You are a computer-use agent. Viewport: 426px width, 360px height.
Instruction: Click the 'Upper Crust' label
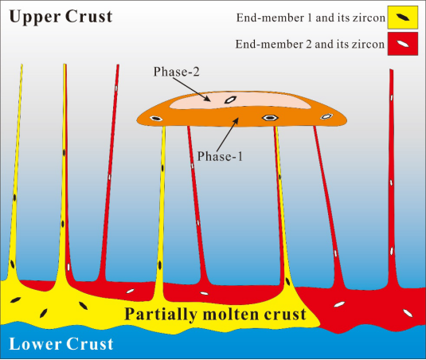[61, 17]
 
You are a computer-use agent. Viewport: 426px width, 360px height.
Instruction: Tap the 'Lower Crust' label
[61, 344]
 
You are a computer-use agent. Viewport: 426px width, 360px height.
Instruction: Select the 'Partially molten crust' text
[215, 315]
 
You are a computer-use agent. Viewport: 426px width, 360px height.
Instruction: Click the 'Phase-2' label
[177, 72]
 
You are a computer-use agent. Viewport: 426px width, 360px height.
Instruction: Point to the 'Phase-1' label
[220, 156]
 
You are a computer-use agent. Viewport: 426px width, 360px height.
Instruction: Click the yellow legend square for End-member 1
[402, 18]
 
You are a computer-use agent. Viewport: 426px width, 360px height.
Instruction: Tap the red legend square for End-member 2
[403, 44]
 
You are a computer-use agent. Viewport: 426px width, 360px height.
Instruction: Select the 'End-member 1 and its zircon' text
[311, 18]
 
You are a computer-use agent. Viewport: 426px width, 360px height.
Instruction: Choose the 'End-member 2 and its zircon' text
[310, 44]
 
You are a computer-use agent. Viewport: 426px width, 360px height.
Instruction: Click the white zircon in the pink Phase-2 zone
[230, 100]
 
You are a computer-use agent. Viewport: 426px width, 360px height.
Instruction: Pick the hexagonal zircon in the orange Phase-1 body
[270, 118]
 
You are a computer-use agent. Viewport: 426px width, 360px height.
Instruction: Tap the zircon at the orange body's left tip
[156, 119]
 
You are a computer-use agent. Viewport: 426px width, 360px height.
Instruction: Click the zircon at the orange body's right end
[326, 116]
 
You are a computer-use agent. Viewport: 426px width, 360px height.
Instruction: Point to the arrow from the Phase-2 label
[192, 89]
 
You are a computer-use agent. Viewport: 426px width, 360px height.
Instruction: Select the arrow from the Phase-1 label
[228, 135]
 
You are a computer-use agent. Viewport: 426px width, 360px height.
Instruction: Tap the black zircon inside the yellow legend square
[402, 18]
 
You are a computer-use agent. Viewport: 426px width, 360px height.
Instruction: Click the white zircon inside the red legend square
[403, 44]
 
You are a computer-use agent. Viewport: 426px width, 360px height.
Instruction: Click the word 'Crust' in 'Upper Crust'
[88, 17]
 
